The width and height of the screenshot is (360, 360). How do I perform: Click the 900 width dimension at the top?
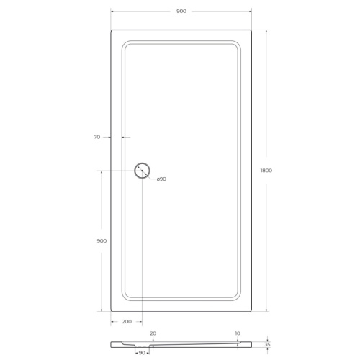pyautogui.click(x=181, y=12)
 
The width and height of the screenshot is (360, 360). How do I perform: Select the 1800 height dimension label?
pyautogui.click(x=266, y=170)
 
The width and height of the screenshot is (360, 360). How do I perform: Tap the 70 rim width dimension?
pyautogui.click(x=96, y=136)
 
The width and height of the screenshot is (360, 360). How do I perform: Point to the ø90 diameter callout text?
pyautogui.click(x=161, y=179)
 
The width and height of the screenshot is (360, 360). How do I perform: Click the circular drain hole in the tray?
pyautogui.click(x=142, y=171)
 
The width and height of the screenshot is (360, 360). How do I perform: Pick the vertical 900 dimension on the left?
pyautogui.click(x=101, y=240)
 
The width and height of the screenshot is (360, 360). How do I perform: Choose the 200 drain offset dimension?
pyautogui.click(x=127, y=323)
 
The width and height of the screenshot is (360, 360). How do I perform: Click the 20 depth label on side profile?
pyautogui.click(x=153, y=333)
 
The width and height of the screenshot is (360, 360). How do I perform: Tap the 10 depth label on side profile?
pyautogui.click(x=237, y=333)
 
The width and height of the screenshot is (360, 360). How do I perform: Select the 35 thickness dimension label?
pyautogui.click(x=269, y=345)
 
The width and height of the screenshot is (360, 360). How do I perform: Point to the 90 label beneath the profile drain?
pyautogui.click(x=142, y=353)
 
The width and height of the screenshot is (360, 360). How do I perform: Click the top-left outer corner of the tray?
pyautogui.click(x=112, y=30)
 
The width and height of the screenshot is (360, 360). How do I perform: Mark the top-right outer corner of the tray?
pyautogui.click(x=251, y=30)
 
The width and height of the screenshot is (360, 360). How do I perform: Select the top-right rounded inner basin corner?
pyautogui.click(x=235, y=45)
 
